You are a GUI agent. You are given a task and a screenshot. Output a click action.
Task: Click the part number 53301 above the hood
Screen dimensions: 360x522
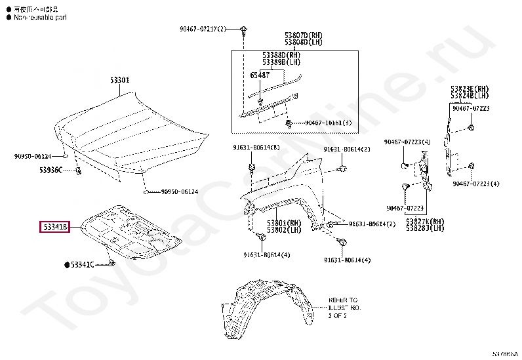(119, 80)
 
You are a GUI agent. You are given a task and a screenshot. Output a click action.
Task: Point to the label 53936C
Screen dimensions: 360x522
(50, 170)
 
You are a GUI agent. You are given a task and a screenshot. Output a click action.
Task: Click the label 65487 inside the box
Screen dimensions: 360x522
(260, 75)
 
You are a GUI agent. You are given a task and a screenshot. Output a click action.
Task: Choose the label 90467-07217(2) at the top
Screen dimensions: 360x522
(203, 30)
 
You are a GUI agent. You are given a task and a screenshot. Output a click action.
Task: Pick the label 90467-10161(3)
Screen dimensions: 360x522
(328, 123)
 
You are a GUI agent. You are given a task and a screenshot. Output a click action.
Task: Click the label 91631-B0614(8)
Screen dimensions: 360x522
(256, 147)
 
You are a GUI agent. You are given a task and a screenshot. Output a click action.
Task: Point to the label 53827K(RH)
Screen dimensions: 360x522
(424, 222)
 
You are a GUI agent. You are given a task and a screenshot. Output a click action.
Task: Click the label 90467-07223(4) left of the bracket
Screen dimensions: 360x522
(407, 142)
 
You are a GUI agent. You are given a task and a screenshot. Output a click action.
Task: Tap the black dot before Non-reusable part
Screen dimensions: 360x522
(8, 18)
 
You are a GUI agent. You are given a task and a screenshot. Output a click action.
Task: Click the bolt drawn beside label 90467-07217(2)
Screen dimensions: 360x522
(243, 30)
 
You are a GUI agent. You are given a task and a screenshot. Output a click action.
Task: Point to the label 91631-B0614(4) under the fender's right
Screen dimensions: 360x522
(347, 260)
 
